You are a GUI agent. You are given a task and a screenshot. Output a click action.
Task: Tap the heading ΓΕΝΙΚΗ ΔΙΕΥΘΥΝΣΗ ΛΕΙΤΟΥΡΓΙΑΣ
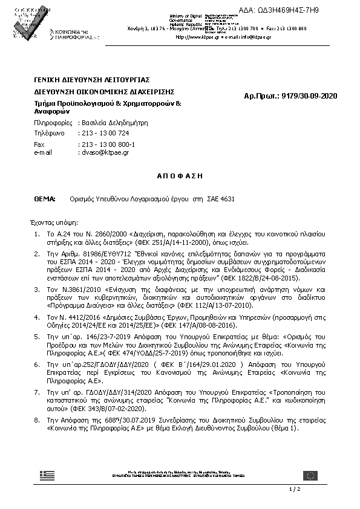tap(92, 80)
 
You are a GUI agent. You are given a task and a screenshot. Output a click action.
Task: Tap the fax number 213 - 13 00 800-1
tap(108, 145)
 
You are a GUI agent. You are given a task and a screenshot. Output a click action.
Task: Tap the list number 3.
tap(38, 290)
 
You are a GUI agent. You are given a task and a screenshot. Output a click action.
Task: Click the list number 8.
tap(38, 420)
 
